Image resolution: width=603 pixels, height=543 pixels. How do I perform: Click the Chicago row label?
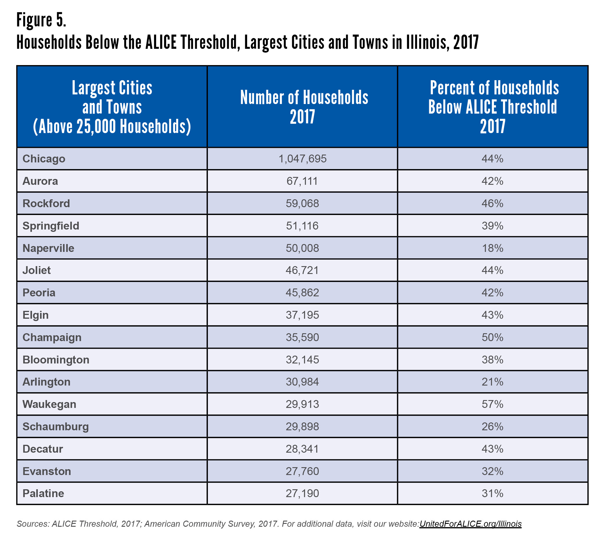[44, 159]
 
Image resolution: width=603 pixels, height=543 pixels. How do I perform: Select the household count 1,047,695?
[302, 159]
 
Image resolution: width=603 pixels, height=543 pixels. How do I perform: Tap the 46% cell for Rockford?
[492, 203]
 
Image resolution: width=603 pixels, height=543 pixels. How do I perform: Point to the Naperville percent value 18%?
[492, 248]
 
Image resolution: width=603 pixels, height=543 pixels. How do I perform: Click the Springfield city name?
[51, 226]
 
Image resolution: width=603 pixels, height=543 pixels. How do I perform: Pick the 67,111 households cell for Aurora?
[302, 181]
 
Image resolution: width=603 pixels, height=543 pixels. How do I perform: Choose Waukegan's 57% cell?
[492, 404]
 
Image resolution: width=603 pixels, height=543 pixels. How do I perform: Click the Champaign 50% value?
[492, 337]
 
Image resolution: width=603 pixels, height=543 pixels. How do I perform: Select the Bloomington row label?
[56, 360]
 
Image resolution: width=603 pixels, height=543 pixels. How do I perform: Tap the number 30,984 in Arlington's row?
[302, 382]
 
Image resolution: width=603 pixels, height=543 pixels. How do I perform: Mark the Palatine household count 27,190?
[302, 494]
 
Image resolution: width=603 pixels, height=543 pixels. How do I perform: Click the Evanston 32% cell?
[492, 472]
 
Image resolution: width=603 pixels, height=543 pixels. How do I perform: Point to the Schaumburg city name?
[56, 426]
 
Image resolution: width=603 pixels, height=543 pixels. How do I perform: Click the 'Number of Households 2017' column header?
[304, 107]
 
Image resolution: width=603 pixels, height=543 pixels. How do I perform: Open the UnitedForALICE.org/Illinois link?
[470, 524]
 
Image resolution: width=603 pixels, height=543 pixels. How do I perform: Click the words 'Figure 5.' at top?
[41, 20]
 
